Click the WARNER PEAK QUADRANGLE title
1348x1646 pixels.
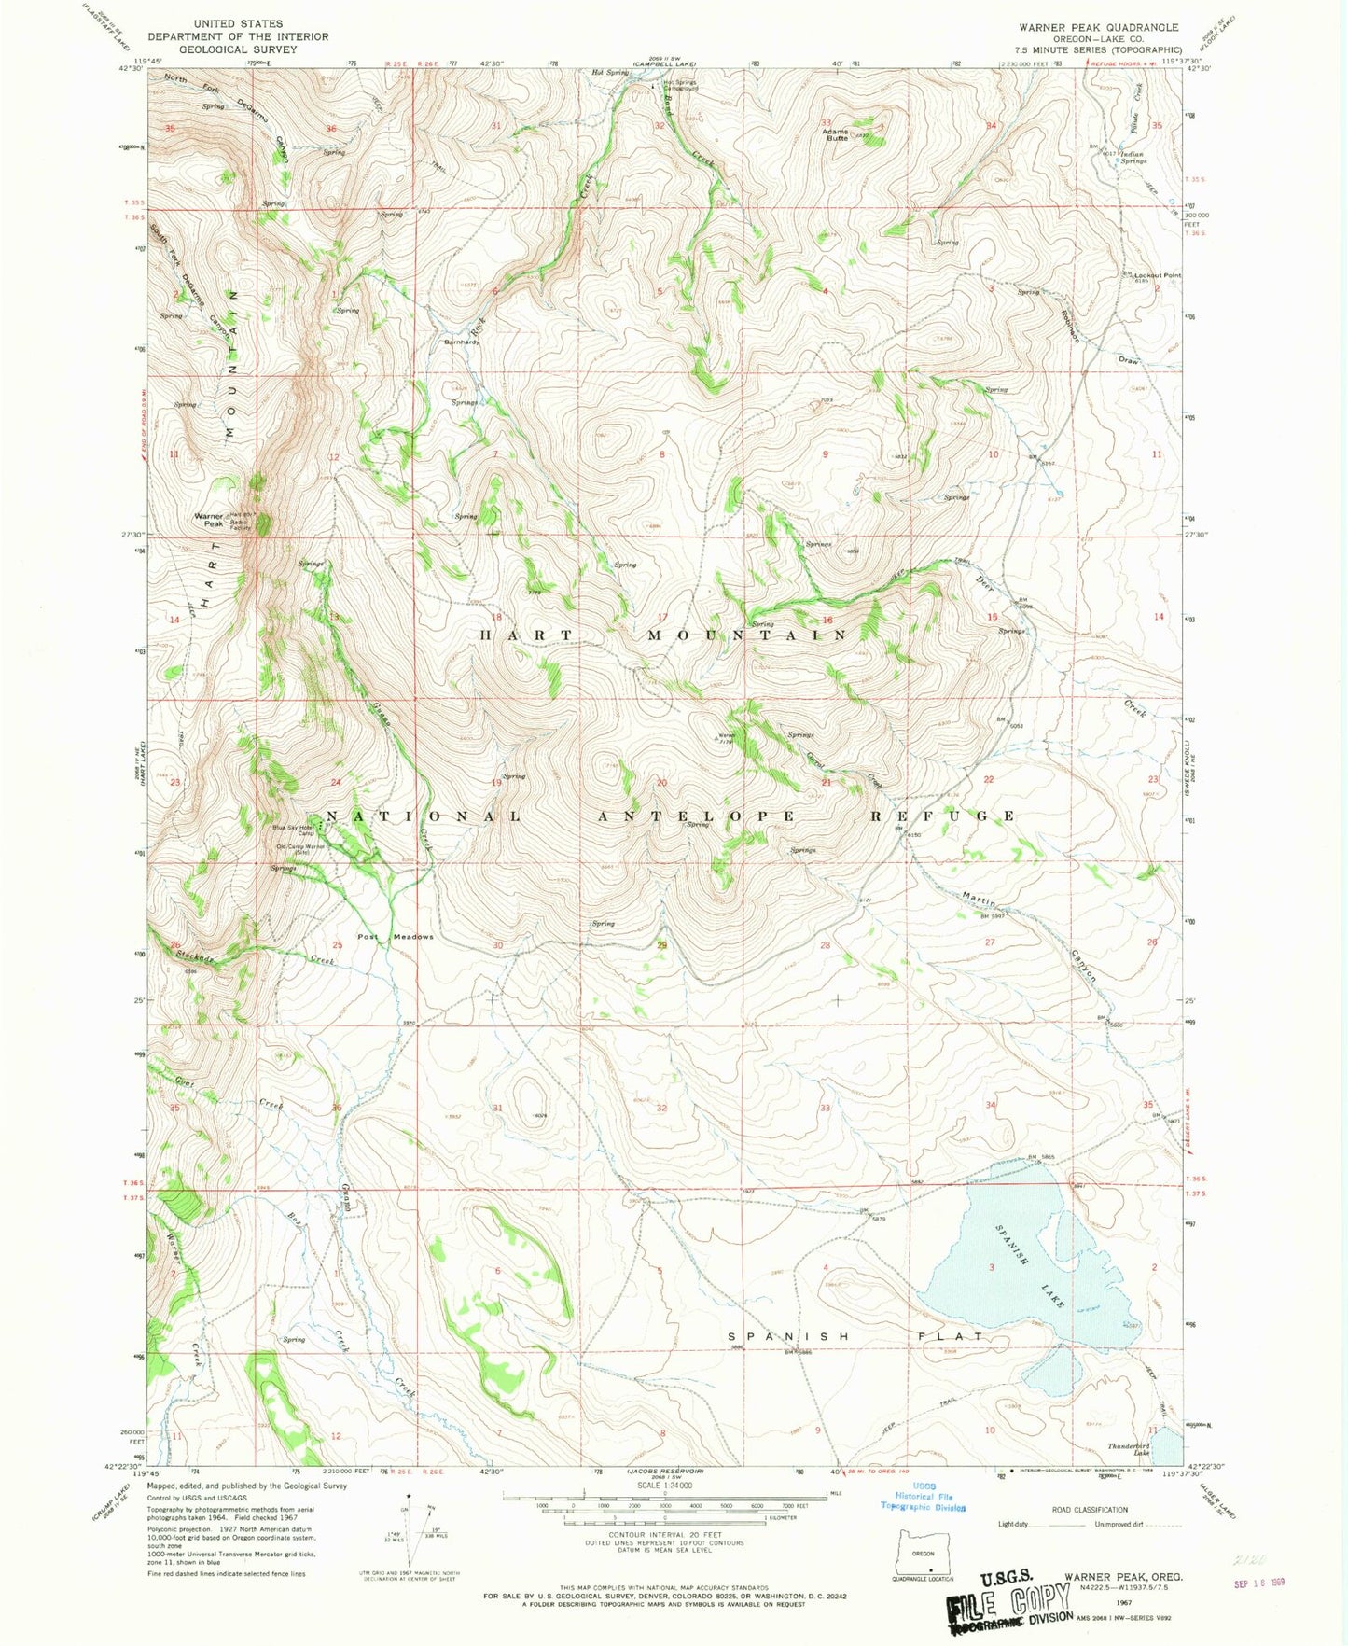pyautogui.click(x=1098, y=28)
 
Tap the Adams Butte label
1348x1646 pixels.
pyautogui.click(x=836, y=134)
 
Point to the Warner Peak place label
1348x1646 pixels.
pyautogui.click(x=209, y=520)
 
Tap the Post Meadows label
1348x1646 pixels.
pyautogui.click(x=396, y=937)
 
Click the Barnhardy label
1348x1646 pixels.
pyautogui.click(x=462, y=342)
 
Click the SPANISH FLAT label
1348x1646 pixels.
pyautogui.click(x=855, y=1336)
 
